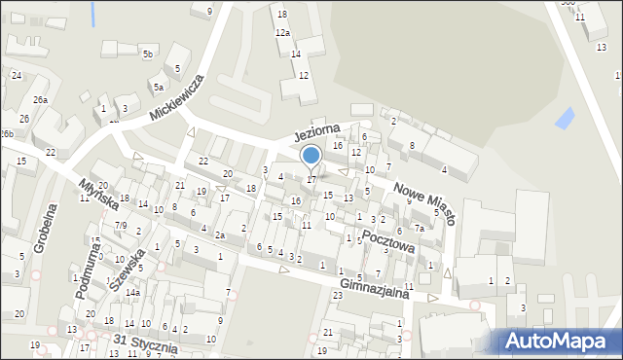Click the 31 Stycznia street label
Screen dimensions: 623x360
pyautogui.click(x=145, y=343)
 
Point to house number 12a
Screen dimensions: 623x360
pyautogui.click(x=282, y=33)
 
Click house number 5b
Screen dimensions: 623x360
pyautogui.click(x=148, y=54)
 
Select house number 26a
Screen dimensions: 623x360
pyautogui.click(x=40, y=99)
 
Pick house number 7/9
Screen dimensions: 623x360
pyautogui.click(x=120, y=225)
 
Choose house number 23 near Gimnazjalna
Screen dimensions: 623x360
pyautogui.click(x=338, y=295)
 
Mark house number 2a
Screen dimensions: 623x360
pyautogui.click(x=220, y=235)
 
